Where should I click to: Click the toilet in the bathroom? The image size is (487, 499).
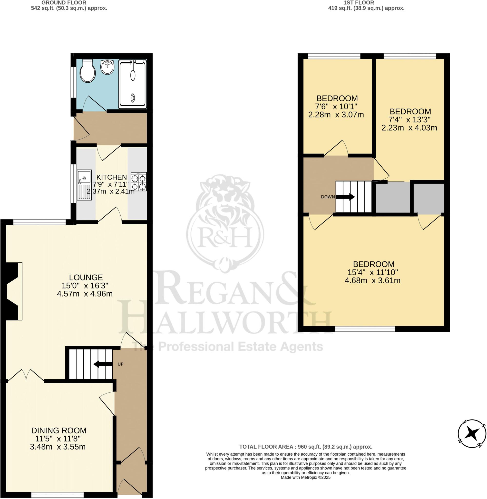tap(87, 71)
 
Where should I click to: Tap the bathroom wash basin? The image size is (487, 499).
tap(107, 67)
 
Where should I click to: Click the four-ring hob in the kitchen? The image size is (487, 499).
tap(139, 182)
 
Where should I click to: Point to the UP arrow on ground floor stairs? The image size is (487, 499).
tap(103, 364)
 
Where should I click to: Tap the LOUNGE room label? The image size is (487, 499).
tap(86, 277)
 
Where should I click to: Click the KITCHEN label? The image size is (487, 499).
tap(112, 177)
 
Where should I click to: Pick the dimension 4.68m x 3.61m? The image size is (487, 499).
tap(372, 281)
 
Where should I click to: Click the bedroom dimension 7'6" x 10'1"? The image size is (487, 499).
tap(336, 106)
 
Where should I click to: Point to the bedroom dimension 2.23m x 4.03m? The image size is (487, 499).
tap(409, 128)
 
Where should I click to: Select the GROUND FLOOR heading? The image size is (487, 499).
tap(64, 3)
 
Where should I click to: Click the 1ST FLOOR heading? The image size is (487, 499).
tap(359, 3)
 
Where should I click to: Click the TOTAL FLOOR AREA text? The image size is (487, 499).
tap(306, 454)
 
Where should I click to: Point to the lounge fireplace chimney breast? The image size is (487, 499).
tap(11, 291)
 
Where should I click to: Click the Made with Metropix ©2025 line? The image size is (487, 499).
tap(306, 477)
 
